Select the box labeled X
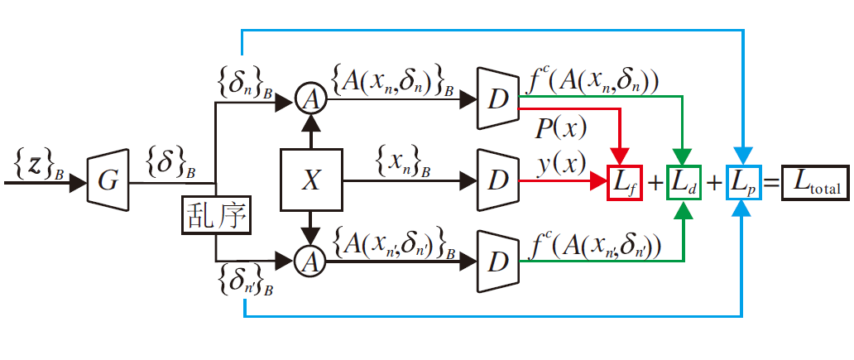(311, 180)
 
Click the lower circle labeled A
(311, 261)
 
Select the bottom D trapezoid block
(497, 261)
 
